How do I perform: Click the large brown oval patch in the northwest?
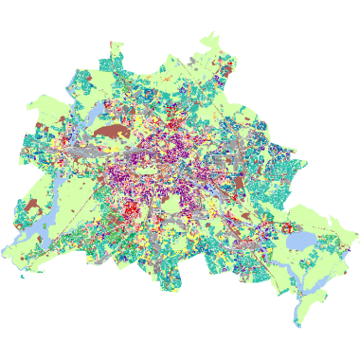[112, 133]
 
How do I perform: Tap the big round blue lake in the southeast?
[300, 241]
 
